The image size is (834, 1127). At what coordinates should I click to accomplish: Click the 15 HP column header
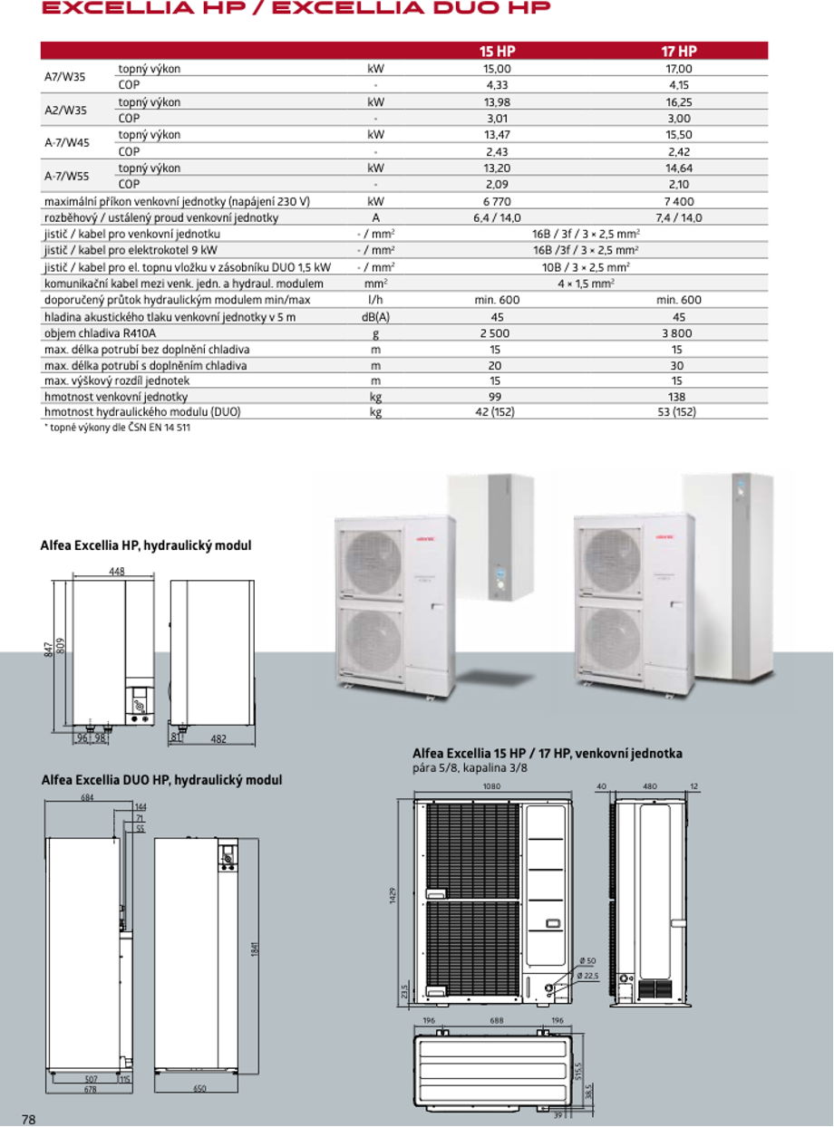tap(497, 52)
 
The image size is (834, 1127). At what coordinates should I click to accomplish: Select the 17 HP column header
tap(678, 52)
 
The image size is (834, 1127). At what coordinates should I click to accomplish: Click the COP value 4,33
tap(497, 85)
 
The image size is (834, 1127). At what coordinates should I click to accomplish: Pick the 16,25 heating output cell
tap(678, 102)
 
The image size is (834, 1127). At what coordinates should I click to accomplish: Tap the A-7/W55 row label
tap(67, 176)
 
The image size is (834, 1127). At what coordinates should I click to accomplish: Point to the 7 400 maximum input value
tap(678, 201)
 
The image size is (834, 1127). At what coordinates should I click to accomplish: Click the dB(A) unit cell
tap(375, 317)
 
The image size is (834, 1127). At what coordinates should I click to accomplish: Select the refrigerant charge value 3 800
tap(678, 333)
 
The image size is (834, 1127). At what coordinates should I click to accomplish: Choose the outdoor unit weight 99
tap(496, 397)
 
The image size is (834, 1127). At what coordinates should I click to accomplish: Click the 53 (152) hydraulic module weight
tap(678, 412)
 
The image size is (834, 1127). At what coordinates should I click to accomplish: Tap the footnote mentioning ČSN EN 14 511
tap(118, 428)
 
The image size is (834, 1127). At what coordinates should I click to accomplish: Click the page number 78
tap(28, 1119)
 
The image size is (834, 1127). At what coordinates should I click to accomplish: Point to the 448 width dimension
tap(116, 572)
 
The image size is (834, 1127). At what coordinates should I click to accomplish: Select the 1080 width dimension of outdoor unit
tap(492, 787)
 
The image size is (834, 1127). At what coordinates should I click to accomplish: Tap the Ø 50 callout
tap(587, 961)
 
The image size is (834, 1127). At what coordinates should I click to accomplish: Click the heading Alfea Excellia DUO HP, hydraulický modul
tap(161, 780)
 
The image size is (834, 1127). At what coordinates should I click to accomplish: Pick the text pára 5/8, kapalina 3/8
tap(470, 768)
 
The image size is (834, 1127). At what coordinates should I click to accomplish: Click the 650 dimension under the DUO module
tap(200, 1087)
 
